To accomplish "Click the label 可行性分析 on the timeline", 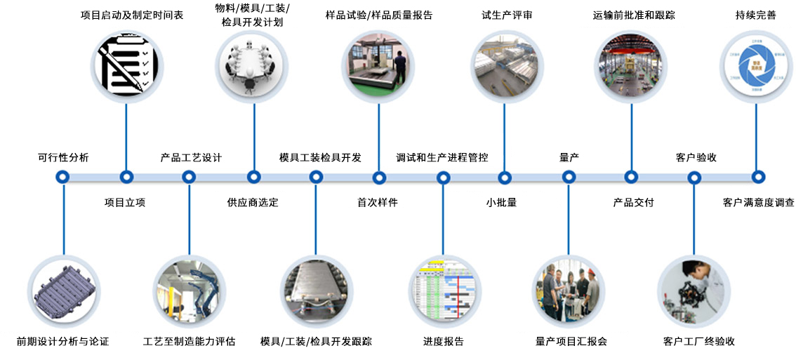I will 63,157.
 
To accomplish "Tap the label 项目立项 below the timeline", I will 125,203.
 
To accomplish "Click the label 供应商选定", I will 253,203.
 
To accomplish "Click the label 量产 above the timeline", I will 569,157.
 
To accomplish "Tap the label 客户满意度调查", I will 758,203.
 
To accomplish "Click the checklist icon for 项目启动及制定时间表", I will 126,67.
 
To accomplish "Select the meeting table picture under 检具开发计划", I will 252,67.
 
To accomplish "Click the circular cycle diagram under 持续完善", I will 757,67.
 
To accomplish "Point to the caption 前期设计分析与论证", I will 63,342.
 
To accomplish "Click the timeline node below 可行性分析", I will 63,178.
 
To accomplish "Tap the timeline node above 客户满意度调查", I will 757,178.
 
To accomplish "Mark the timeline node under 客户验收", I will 694,178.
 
